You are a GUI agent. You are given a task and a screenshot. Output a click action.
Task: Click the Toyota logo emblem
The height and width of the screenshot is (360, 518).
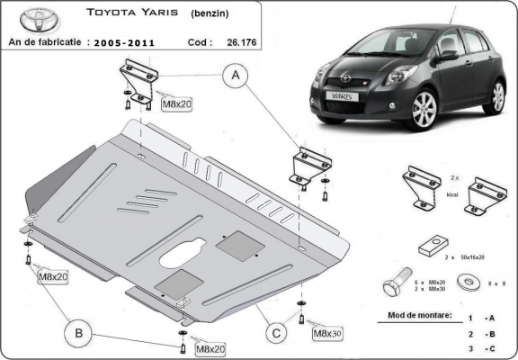coord(31,19)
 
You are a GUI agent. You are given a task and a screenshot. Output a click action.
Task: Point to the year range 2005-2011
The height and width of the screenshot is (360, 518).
coord(128,40)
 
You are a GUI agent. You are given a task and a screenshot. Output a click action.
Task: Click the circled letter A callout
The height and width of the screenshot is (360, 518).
coord(237,76)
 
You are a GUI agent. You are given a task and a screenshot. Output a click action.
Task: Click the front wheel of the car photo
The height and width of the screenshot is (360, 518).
coord(423,110)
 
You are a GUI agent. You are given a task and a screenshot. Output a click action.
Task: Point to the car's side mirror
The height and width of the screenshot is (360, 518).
coord(447,56)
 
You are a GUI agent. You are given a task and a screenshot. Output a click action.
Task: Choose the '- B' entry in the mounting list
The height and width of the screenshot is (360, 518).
coord(488,333)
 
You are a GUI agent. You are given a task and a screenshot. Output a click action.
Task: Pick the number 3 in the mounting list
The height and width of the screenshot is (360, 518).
coord(470,346)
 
